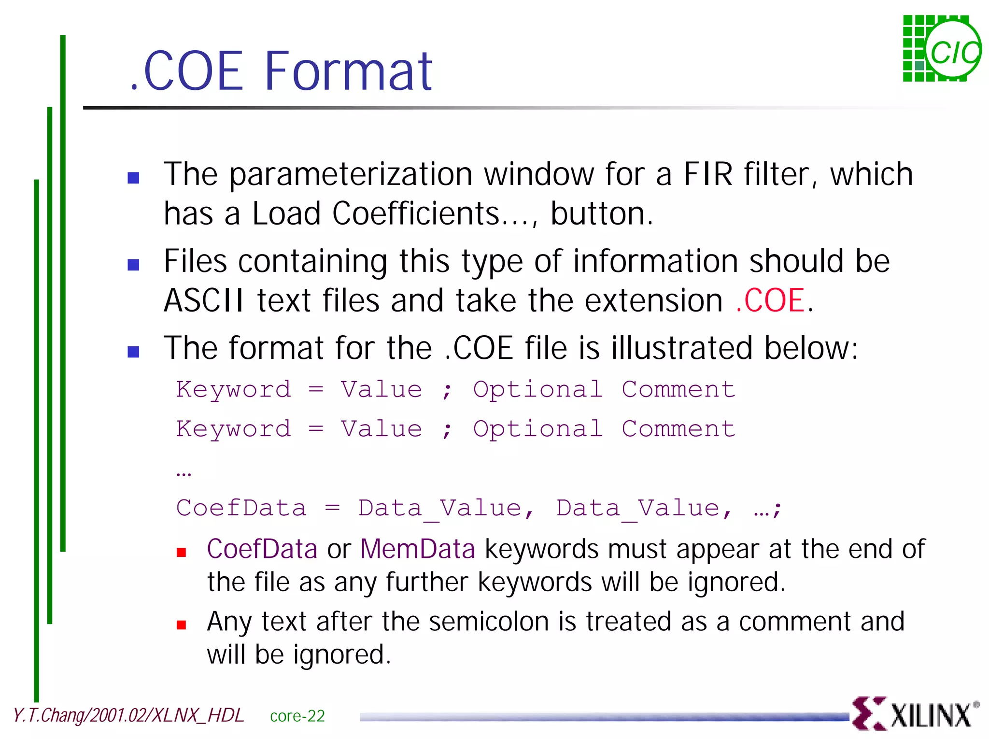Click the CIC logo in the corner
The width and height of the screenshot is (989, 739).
coord(942,49)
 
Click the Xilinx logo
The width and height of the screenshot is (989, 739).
coord(915,713)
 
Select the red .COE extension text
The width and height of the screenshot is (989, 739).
coord(770,300)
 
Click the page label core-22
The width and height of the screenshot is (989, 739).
coord(297,716)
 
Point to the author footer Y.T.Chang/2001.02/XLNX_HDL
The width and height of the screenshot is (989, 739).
coord(128,715)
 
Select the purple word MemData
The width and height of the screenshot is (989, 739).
coord(418,549)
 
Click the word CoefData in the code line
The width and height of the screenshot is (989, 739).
coord(241,508)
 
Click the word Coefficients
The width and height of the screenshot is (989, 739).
coord(416,213)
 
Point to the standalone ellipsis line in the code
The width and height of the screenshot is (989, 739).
coord(184,472)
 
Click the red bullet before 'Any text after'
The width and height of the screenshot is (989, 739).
coord(182,625)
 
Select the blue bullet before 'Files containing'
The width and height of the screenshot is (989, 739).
coord(133,264)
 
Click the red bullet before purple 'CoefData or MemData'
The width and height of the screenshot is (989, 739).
coord(182,553)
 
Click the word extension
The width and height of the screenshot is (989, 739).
coord(654,300)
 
